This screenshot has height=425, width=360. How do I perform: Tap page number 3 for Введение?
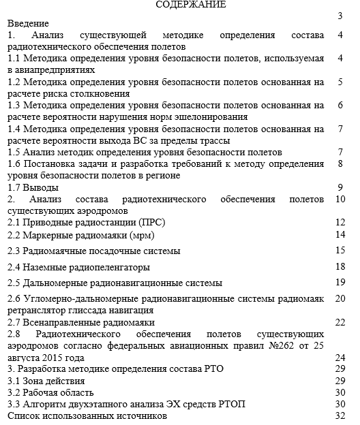[x=339, y=16]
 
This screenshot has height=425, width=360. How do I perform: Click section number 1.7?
[x=14, y=187]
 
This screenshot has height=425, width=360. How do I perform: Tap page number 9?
[x=339, y=187]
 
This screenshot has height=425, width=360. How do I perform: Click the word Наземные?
[x=50, y=266]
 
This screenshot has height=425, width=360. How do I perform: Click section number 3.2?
[x=14, y=392]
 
